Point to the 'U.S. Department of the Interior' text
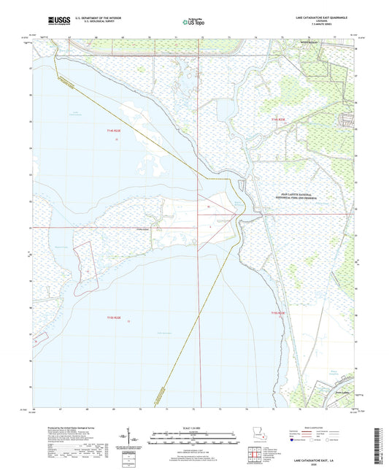click(98, 17)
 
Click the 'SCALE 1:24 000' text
click(193, 428)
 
